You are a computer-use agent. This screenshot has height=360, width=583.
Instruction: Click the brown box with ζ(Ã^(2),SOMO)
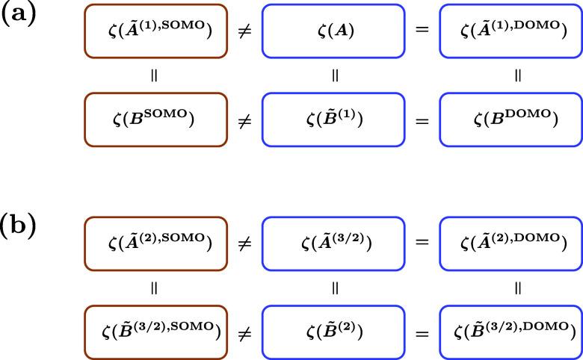155,244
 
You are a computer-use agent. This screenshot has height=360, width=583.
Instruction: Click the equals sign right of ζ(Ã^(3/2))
422,244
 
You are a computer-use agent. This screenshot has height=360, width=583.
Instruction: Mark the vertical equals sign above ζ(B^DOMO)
517,75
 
